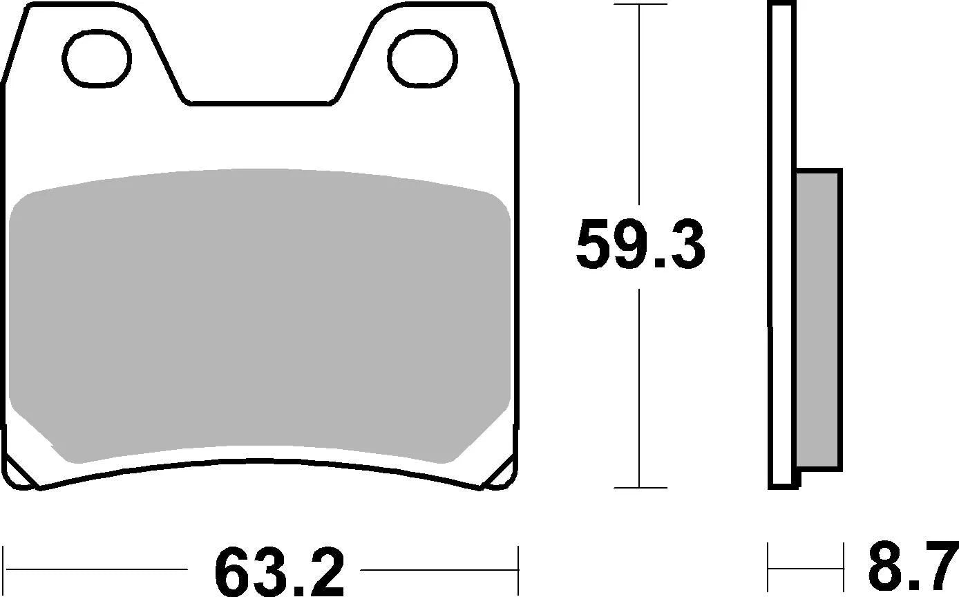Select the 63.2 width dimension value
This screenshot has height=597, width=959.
click(278, 571)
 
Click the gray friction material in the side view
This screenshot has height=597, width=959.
click(819, 319)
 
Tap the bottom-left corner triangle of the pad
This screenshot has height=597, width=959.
click(19, 473)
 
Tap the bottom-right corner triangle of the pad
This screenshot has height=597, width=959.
click(502, 474)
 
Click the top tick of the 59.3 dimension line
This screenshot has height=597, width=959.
click(640, 5)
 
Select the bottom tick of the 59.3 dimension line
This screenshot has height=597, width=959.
click(640, 487)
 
